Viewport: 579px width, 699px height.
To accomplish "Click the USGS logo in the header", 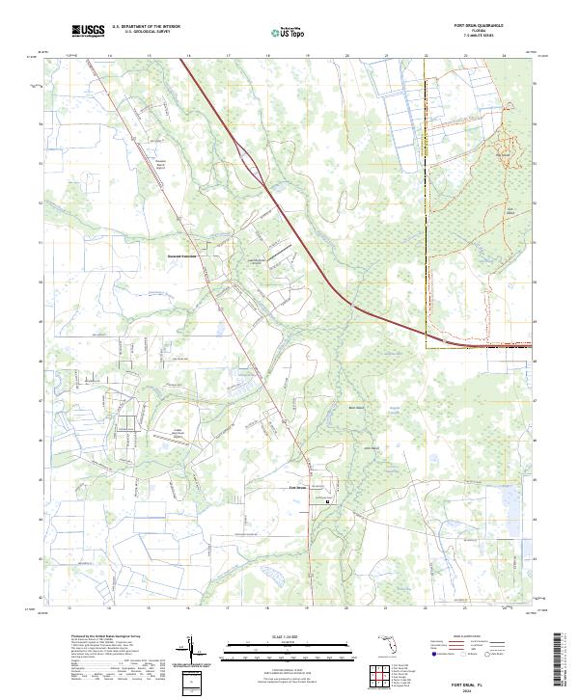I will [89, 31].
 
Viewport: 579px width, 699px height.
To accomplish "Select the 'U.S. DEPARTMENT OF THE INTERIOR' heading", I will [146, 28].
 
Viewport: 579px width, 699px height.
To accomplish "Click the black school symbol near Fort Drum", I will [327, 500].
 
